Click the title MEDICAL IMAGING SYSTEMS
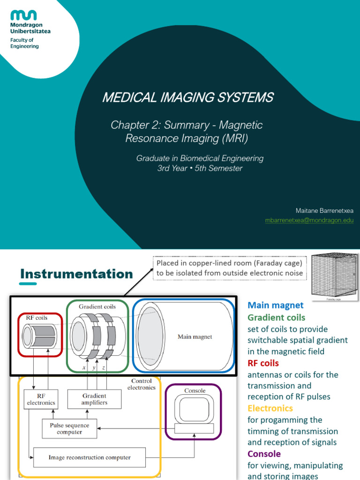(187, 97)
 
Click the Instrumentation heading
(76, 274)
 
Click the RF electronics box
(41, 399)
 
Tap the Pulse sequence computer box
(69, 428)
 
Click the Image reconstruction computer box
(90, 457)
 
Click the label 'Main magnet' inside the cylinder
(195, 337)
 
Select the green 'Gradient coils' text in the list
(276, 317)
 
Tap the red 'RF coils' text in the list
(263, 363)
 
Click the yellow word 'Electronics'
(270, 408)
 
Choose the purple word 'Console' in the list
(264, 454)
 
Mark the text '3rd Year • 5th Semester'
(200, 168)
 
